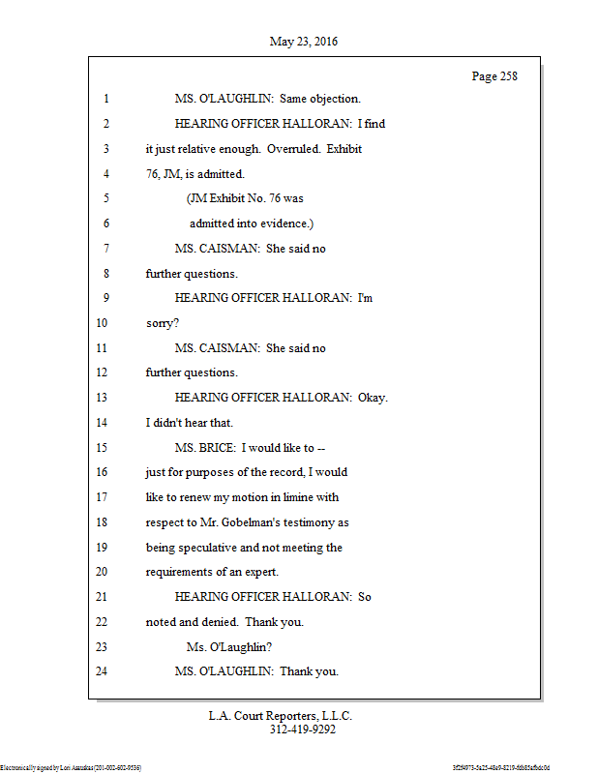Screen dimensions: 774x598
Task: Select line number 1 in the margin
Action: point(105,99)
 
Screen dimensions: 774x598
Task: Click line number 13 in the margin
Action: point(103,397)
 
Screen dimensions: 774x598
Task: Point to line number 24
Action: point(103,670)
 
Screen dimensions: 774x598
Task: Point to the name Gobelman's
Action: point(257,521)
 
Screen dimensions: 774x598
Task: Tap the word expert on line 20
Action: point(258,572)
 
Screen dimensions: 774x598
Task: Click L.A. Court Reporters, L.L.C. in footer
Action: point(281,716)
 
